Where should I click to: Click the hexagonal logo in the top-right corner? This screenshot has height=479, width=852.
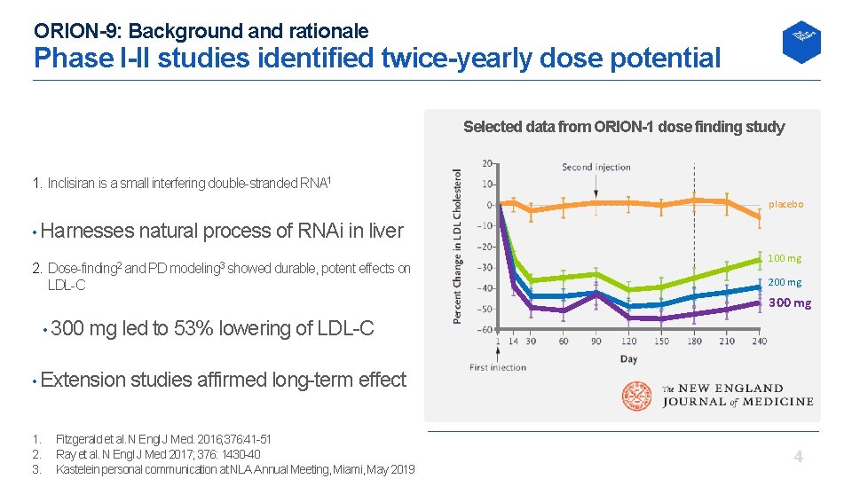click(x=801, y=42)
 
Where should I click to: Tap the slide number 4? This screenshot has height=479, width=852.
click(x=798, y=457)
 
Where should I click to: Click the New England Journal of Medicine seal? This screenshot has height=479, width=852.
click(x=637, y=396)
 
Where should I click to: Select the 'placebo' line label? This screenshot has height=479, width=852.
click(x=785, y=204)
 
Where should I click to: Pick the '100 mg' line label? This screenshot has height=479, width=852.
click(x=784, y=258)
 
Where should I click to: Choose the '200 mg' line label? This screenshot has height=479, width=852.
click(x=784, y=282)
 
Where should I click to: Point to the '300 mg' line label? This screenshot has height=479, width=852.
click(x=789, y=302)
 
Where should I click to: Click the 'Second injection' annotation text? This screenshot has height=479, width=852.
click(x=596, y=167)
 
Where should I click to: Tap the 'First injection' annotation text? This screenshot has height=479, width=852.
click(x=497, y=367)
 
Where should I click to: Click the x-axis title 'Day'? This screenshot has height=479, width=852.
click(x=628, y=358)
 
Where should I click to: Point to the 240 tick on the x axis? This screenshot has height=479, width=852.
click(x=760, y=341)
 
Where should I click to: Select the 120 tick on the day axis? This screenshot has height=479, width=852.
click(x=628, y=341)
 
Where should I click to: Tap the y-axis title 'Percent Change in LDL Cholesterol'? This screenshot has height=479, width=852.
click(x=458, y=247)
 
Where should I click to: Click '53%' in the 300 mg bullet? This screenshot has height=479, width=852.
click(x=194, y=328)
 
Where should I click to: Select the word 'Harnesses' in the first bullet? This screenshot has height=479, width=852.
click(x=85, y=232)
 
